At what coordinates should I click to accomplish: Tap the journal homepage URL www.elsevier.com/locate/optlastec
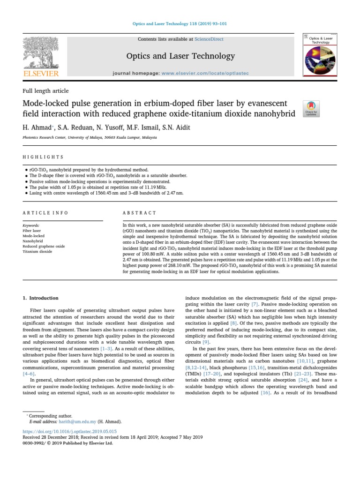205,74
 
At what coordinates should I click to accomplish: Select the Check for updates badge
312,108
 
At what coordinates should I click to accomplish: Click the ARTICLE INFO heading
45,213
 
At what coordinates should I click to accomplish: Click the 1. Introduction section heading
41,298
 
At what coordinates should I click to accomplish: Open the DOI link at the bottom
69,431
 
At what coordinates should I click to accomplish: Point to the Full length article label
45,91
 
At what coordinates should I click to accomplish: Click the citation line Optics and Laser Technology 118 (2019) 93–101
180,24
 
